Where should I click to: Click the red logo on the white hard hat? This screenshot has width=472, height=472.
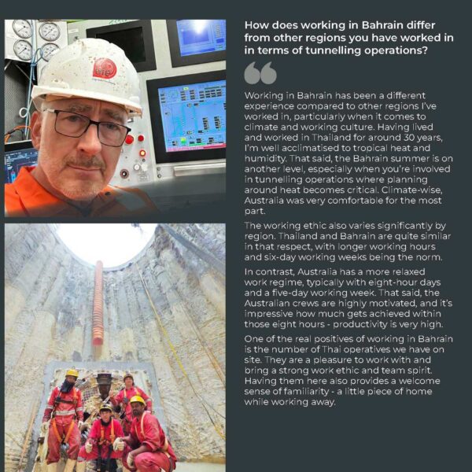tap(104, 68)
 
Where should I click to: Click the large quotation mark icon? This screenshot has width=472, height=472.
tap(260, 73)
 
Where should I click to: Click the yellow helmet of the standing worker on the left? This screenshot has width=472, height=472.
tap(72, 372)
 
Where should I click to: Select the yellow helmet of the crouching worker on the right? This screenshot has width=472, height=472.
tap(137, 400)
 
